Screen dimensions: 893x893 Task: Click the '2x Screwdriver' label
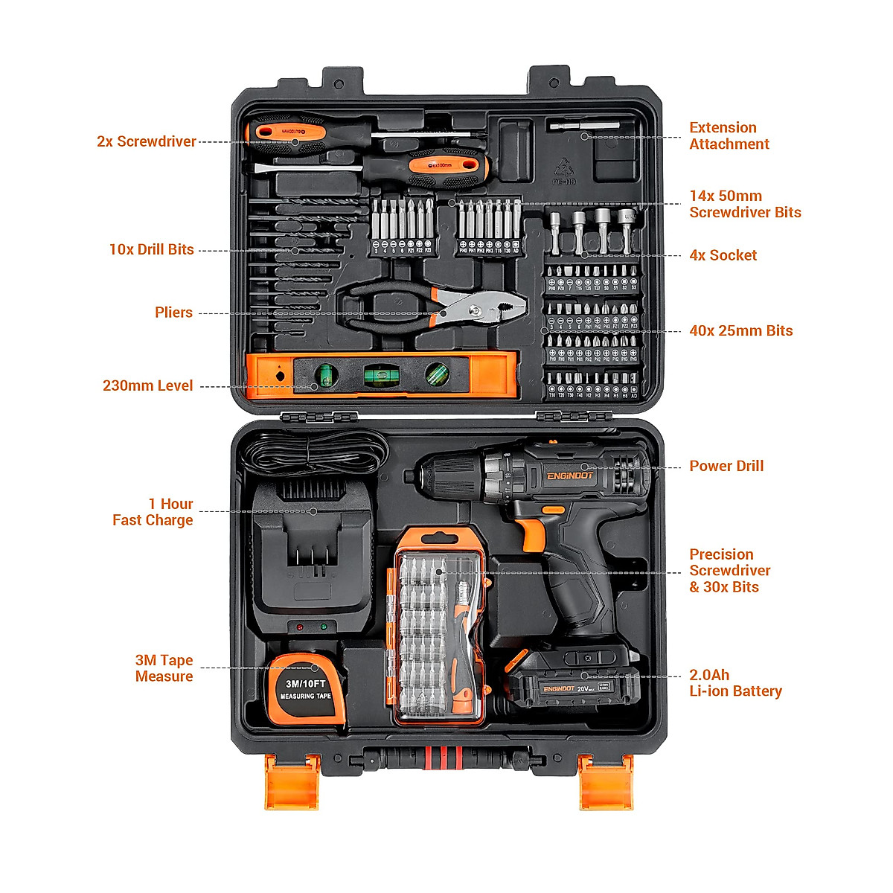coord(147,141)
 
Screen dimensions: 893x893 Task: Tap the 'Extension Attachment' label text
coord(729,135)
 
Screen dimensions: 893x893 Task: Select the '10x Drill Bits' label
coord(151,249)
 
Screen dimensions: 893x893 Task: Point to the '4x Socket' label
coord(723,255)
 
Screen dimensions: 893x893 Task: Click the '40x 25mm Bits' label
coord(740,330)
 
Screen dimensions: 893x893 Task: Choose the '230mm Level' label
coord(147,385)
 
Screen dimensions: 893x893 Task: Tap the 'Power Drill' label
coord(726,466)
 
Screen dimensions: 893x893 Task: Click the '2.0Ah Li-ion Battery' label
coord(735,683)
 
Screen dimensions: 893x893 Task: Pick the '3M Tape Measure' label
coord(164,668)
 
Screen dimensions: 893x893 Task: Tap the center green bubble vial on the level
coord(379,374)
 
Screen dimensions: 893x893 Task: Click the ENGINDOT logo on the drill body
coord(570,476)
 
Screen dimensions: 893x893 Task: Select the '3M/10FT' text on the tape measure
coord(306,683)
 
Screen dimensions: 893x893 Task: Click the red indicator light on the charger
coord(300,627)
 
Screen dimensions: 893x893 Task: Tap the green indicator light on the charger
coord(324,627)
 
